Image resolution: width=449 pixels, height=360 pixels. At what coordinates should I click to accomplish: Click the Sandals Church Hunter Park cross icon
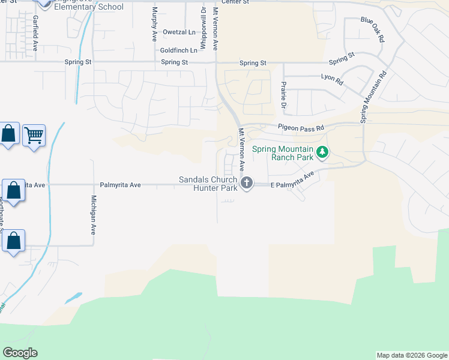pos(246,183)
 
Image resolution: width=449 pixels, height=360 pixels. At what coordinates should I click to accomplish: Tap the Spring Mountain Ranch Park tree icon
pos(322,152)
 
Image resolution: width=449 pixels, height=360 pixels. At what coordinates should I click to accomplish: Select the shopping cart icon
pos(34,135)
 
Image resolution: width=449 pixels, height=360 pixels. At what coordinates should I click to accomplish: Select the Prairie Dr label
pos(283,94)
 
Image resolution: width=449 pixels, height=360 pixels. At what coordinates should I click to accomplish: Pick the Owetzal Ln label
pos(179,32)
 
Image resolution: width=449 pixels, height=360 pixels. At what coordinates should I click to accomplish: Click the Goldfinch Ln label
pos(179,50)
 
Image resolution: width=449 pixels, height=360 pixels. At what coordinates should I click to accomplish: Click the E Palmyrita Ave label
pos(292,181)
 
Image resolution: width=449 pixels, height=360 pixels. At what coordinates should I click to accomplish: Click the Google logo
pos(20,353)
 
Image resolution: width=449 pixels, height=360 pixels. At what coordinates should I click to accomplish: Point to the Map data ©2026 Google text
pos(412,355)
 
